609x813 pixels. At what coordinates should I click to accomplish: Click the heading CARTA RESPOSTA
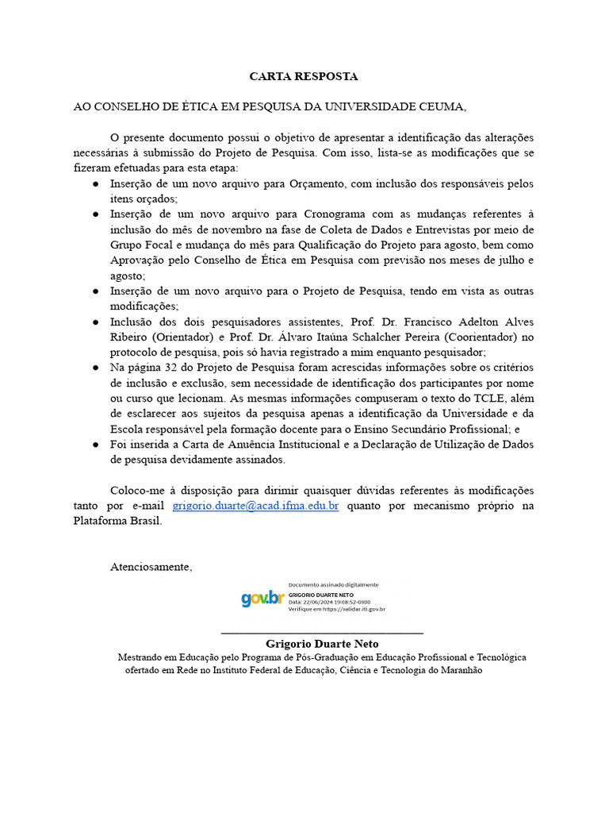(304, 77)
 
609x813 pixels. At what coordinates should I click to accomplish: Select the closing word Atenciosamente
(151, 567)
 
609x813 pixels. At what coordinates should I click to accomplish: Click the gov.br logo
(262, 599)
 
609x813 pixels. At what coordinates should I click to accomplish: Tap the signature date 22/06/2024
(312, 602)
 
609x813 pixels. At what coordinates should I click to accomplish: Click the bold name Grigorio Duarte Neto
(322, 644)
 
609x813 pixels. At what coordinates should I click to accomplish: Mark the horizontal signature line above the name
(322, 633)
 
